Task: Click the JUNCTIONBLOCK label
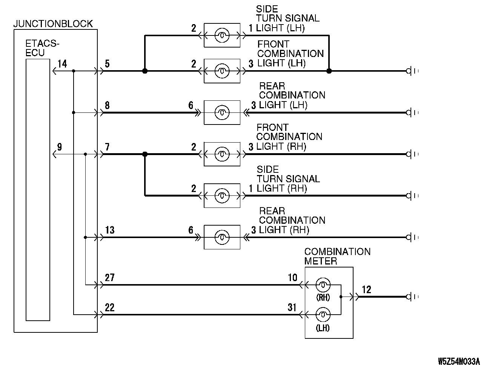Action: point(53,24)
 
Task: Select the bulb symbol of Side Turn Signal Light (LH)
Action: point(222,35)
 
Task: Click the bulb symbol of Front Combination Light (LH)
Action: point(222,71)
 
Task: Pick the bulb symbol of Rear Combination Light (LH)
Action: point(222,112)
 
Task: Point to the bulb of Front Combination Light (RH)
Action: point(222,154)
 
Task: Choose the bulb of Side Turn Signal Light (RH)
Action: point(222,195)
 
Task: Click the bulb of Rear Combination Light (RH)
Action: point(222,237)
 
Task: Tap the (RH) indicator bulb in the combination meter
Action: point(323,284)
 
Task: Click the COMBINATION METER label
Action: point(337,256)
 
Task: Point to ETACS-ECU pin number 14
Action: point(62,64)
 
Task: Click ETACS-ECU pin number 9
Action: point(60,147)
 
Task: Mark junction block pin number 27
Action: point(110,278)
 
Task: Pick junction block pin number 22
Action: point(110,307)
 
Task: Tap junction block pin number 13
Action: point(110,230)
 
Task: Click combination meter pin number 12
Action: point(366,289)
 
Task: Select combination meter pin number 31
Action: point(292,307)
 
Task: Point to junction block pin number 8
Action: point(108,105)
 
